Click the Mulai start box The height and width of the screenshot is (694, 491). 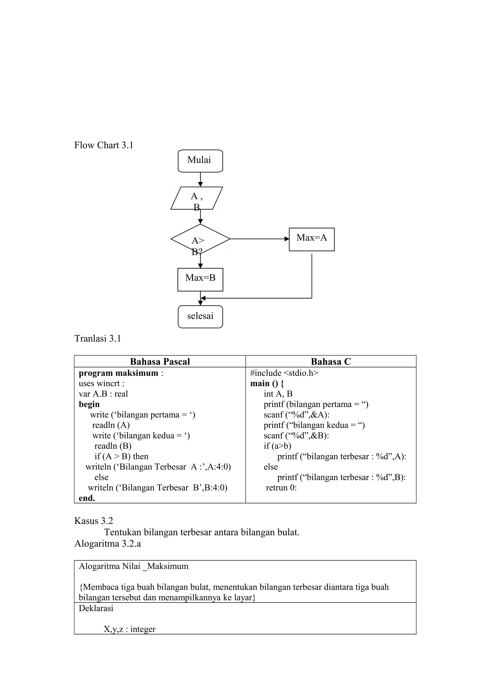click(200, 161)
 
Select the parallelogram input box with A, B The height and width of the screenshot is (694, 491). click(197, 198)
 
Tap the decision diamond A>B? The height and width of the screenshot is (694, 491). click(200, 239)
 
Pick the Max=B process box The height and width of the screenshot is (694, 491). click(200, 280)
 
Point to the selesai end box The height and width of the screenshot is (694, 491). click(200, 317)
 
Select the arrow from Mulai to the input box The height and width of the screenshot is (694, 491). click(200, 180)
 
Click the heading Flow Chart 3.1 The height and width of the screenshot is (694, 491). click(104, 145)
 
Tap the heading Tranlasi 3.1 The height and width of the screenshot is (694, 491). click(98, 339)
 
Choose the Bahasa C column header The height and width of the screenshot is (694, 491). click(331, 362)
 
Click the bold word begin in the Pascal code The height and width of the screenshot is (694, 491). click(89, 404)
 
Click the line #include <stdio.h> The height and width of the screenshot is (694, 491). click(284, 373)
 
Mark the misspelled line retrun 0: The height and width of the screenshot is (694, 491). click(281, 488)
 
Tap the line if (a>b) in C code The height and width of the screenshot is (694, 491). click(277, 446)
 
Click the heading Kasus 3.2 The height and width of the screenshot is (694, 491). click(94, 521)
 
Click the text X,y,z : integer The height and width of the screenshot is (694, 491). click(129, 629)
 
